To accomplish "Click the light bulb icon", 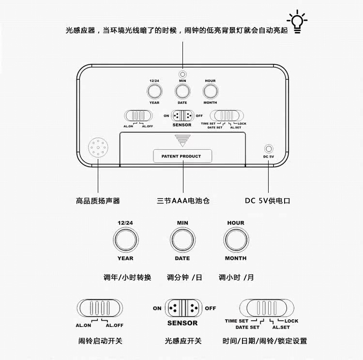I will tap(297, 22).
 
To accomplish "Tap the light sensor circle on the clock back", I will tap(182, 74).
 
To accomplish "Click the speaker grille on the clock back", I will tap(98, 148).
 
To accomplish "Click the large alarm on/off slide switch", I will tap(100, 308).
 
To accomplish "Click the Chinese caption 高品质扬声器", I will tap(98, 201).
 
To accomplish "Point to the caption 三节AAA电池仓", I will tap(183, 201).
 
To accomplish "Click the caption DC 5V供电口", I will tap(268, 201).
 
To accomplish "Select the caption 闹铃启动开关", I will tap(100, 341).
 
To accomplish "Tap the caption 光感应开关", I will tap(183, 341).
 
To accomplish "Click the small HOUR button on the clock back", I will tap(210, 91).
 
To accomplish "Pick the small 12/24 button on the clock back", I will tap(154, 91).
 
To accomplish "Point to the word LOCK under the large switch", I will tap(291, 321).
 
